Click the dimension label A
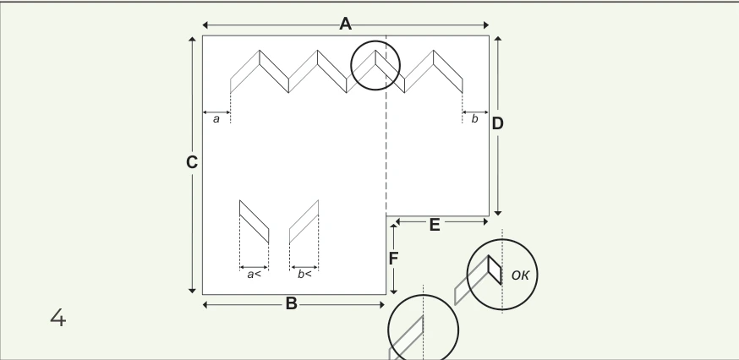click(346, 24)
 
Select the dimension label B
click(291, 304)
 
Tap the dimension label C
click(191, 162)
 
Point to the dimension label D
click(498, 124)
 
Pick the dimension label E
click(435, 226)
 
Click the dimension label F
click(393, 259)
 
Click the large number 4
click(58, 318)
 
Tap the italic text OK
click(520, 275)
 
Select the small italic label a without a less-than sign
click(216, 119)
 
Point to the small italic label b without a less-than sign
click(474, 119)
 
